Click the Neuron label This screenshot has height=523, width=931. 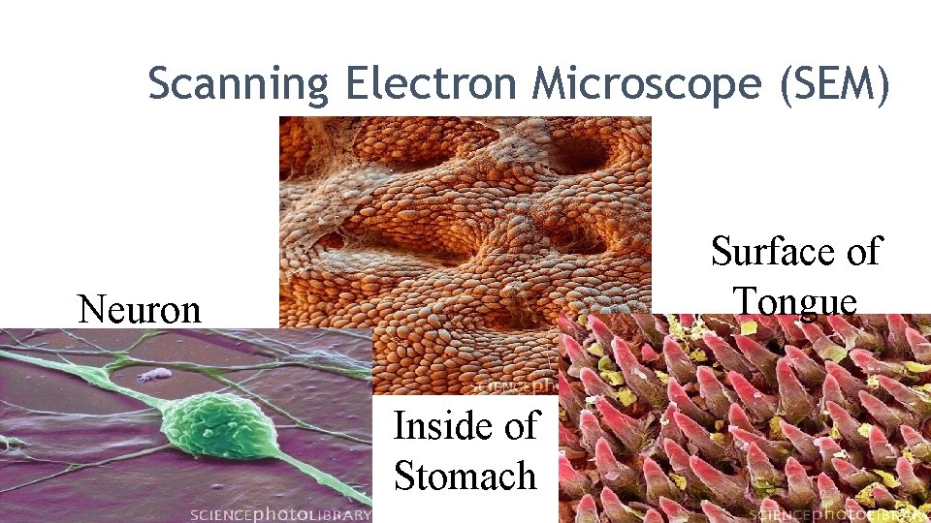tap(139, 309)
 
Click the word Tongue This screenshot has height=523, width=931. tap(795, 300)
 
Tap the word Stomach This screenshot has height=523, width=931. tap(465, 476)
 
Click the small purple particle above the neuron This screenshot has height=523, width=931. tap(153, 374)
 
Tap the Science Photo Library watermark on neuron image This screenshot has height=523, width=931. tap(280, 514)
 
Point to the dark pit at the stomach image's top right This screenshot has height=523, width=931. tap(582, 155)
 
